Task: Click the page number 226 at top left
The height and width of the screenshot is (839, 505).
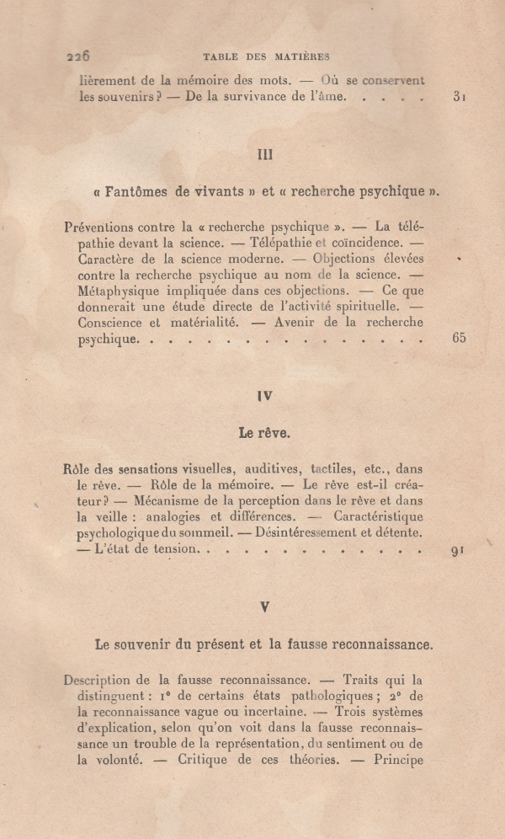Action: (77, 56)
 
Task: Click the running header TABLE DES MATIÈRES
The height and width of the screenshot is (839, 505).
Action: (267, 56)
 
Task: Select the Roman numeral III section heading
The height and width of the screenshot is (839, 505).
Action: (265, 154)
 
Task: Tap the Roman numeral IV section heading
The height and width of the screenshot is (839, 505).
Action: (265, 396)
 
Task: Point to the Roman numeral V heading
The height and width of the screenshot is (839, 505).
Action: (264, 606)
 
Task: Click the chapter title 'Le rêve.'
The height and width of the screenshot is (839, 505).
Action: (264, 433)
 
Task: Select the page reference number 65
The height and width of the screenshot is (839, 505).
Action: (459, 339)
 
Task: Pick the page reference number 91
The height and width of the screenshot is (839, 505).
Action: (458, 552)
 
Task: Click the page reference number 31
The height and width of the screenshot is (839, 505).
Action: (459, 97)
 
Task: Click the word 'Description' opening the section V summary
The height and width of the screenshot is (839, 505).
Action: (98, 680)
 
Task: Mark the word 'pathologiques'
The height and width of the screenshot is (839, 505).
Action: (318, 695)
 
